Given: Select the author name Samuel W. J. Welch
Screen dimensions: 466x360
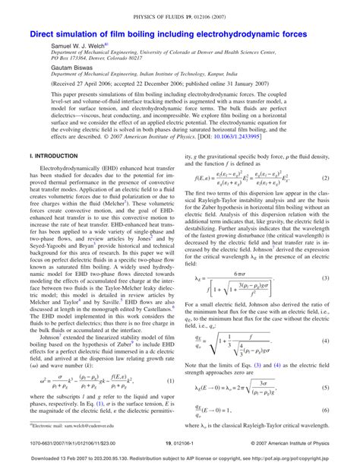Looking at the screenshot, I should [74, 46].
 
